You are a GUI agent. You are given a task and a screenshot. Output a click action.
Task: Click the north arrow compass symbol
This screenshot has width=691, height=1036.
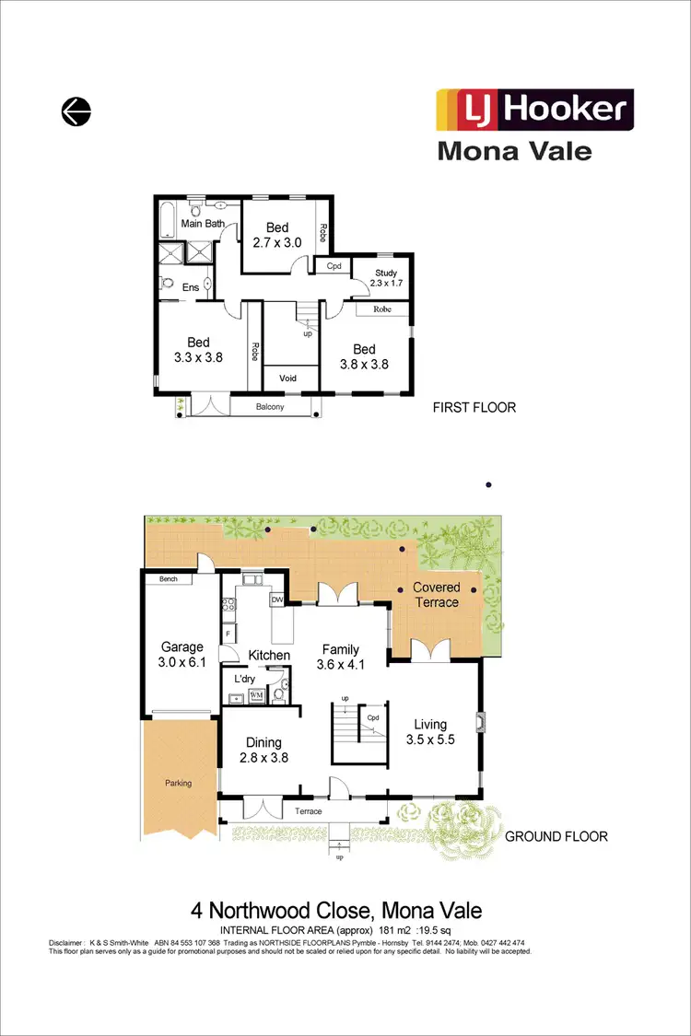coord(76,112)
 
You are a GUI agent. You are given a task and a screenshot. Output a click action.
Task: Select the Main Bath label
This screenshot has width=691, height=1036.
coord(203,224)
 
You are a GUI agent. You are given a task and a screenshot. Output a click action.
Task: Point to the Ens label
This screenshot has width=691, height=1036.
coord(191,288)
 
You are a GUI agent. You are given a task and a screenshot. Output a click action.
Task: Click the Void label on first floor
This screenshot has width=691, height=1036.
coord(288,378)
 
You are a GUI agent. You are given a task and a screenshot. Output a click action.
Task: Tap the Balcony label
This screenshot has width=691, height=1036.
coord(270,407)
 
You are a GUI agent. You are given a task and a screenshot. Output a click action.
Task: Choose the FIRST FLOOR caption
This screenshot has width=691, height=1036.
coord(474,407)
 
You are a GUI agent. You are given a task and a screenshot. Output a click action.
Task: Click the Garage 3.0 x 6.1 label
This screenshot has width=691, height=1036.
coord(182,655)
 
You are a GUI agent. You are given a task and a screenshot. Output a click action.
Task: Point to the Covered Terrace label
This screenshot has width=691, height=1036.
coord(436,595)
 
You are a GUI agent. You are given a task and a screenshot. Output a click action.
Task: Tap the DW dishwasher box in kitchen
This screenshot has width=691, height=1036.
coord(276,600)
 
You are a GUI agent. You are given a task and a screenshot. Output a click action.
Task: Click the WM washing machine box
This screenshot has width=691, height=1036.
coord(256,694)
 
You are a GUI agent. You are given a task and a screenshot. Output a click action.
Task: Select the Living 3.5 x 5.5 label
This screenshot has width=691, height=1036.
coord(429,730)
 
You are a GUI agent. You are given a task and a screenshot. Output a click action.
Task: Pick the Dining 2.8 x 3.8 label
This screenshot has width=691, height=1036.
coord(263,750)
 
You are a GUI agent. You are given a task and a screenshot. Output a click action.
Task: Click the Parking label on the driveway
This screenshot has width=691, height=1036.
coord(178,784)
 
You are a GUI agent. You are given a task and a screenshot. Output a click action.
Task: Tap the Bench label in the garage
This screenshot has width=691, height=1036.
coord(168,579)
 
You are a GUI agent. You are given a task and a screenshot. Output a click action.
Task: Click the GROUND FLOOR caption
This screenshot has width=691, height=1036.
coord(556,836)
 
